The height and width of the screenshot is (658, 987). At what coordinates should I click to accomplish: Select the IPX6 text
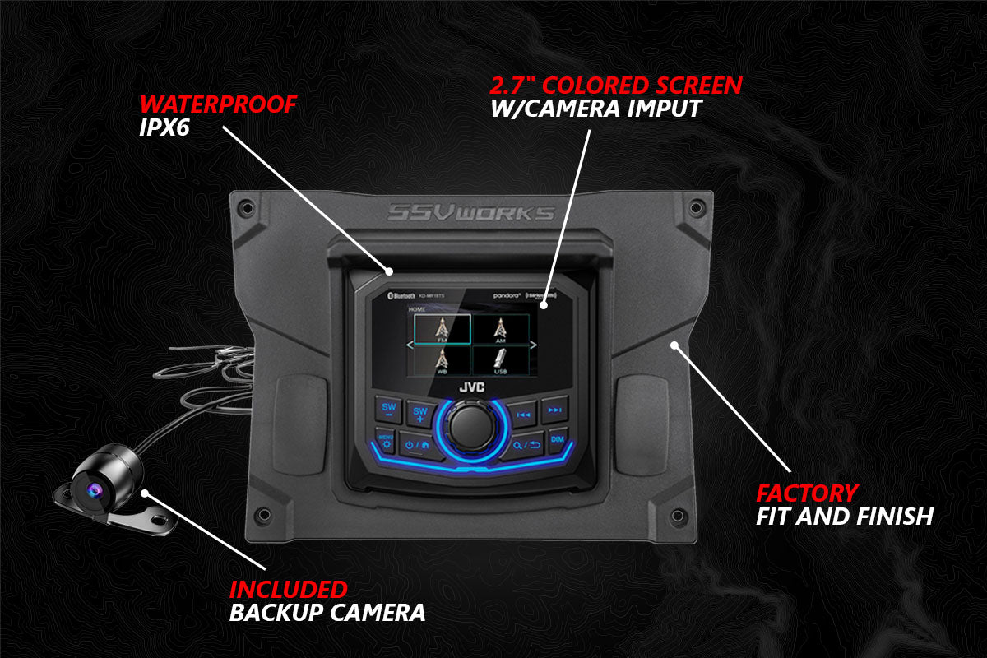coord(162,128)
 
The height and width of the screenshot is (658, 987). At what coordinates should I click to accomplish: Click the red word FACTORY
coord(807,493)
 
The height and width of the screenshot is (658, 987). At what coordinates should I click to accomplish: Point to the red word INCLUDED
coord(288,589)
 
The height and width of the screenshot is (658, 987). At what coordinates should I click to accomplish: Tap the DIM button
coord(557,439)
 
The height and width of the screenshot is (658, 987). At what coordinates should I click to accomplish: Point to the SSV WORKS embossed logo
coord(471,214)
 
